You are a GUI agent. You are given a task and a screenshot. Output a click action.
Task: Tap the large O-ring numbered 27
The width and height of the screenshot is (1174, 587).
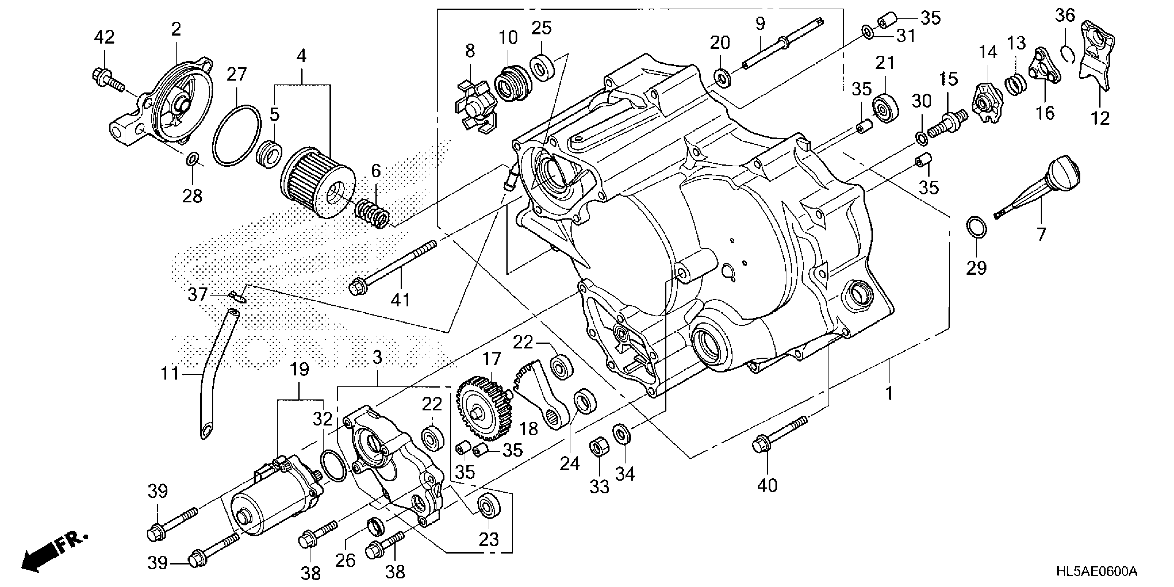(x=237, y=135)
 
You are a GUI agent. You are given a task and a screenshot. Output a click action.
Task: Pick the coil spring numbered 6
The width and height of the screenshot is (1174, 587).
(x=372, y=213)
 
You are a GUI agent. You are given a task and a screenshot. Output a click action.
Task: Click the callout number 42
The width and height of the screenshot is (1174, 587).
(x=104, y=37)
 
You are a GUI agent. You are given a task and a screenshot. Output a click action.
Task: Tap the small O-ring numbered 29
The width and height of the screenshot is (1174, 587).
(x=976, y=227)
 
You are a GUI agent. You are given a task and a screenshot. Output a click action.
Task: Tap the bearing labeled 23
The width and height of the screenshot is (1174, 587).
(x=488, y=504)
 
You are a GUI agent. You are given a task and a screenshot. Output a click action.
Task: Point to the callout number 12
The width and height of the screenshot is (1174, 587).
(x=1100, y=118)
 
